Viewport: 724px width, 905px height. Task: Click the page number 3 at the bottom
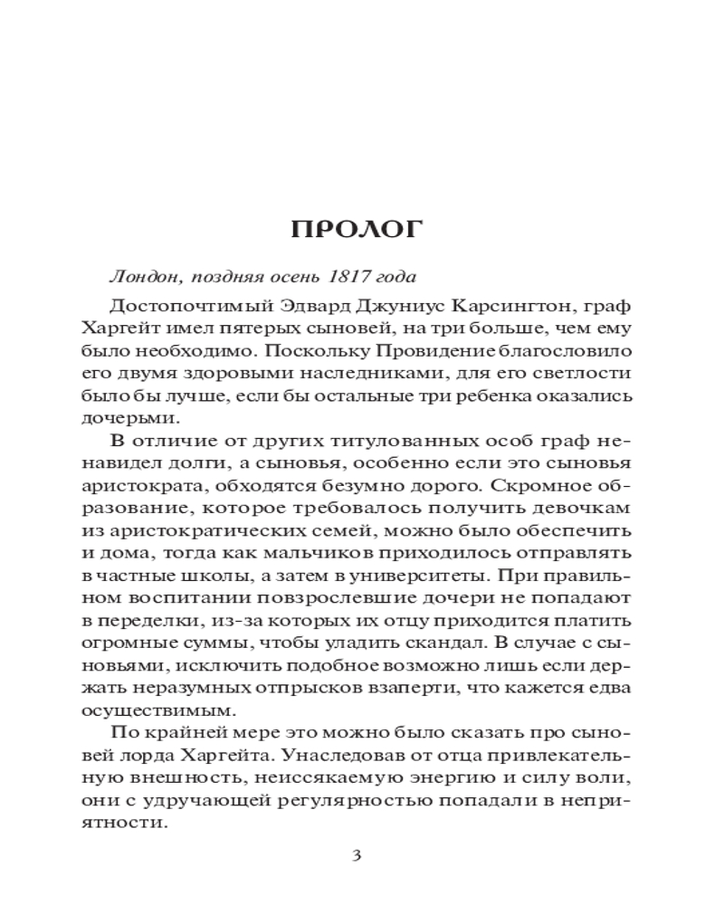point(357,857)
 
